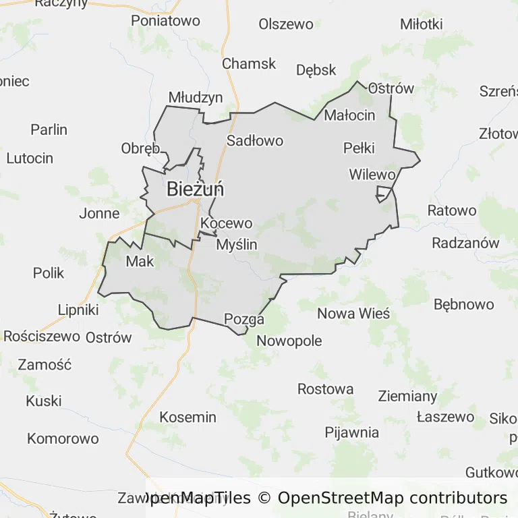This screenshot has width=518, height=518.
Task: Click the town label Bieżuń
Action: click(196, 190)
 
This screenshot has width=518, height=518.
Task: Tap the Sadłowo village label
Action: click(255, 141)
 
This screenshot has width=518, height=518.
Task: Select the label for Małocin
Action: click(349, 115)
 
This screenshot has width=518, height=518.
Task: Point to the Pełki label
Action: click(359, 148)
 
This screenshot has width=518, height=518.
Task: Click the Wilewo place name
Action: click(372, 174)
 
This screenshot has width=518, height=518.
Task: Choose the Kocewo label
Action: click(227, 223)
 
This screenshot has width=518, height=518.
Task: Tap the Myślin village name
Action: click(237, 245)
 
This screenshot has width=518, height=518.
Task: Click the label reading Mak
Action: click(140, 261)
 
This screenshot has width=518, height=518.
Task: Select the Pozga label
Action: click(244, 319)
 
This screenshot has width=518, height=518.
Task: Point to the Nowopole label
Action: click(289, 341)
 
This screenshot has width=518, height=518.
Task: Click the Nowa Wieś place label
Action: click(353, 313)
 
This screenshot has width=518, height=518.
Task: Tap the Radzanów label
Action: click(465, 243)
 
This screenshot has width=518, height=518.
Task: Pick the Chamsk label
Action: click(250, 63)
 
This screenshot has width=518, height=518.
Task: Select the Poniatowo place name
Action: click(165, 21)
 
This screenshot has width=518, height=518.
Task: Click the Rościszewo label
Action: click(42, 336)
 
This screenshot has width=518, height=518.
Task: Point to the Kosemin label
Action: click(188, 417)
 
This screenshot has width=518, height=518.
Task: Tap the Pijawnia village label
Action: click(352, 432)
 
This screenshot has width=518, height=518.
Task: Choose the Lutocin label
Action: click(30, 159)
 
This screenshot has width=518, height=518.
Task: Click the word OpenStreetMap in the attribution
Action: click(340, 498)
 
